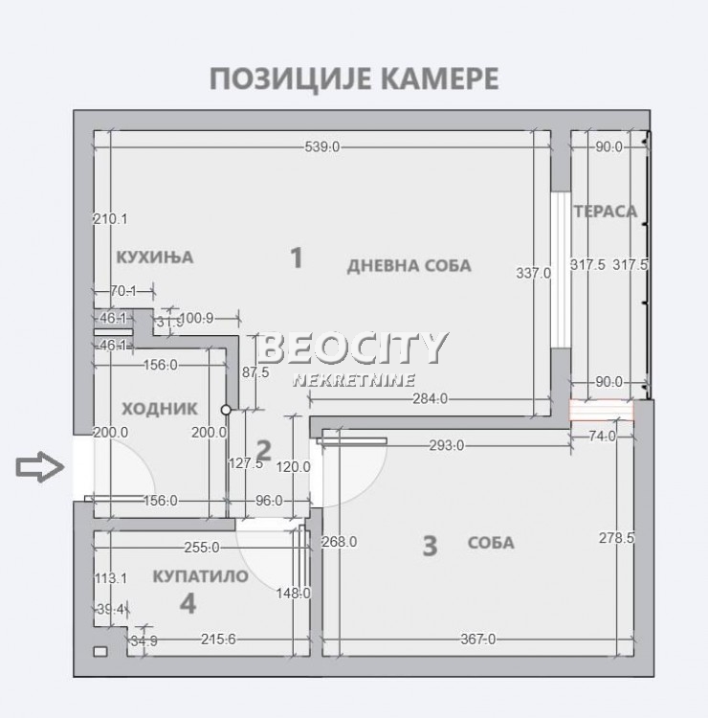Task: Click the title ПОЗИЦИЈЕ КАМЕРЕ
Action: click(353, 78)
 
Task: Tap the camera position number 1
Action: click(297, 257)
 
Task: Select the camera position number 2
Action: click(265, 449)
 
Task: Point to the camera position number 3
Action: click(430, 546)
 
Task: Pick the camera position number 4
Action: click(188, 603)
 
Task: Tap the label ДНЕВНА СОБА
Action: click(409, 265)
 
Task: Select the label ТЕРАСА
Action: click(605, 211)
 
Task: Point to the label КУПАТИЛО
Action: click(201, 576)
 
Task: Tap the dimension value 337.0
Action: click(534, 273)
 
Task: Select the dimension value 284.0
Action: click(428, 398)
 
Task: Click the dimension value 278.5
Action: click(617, 538)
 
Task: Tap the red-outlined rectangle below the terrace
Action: click(602, 411)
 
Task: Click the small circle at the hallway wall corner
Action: click(227, 410)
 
